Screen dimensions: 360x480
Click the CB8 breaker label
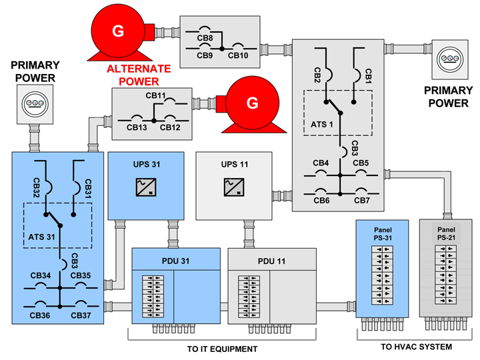pyautogui.click(x=205, y=38)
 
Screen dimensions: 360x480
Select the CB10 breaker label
pyautogui.click(x=238, y=55)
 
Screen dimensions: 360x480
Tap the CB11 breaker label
pyautogui.click(x=155, y=96)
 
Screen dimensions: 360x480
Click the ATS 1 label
pyautogui.click(x=324, y=124)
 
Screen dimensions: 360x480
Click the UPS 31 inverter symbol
pyautogui.click(x=146, y=189)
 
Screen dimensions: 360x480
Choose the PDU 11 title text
pyautogui.click(x=271, y=261)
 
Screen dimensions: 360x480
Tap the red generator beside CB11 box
pyautogui.click(x=252, y=103)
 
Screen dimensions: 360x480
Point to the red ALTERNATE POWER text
pyautogui.click(x=139, y=75)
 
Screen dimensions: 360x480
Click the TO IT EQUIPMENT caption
pyautogui.click(x=222, y=349)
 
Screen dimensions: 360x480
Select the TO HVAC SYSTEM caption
pyautogui.click(x=417, y=347)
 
